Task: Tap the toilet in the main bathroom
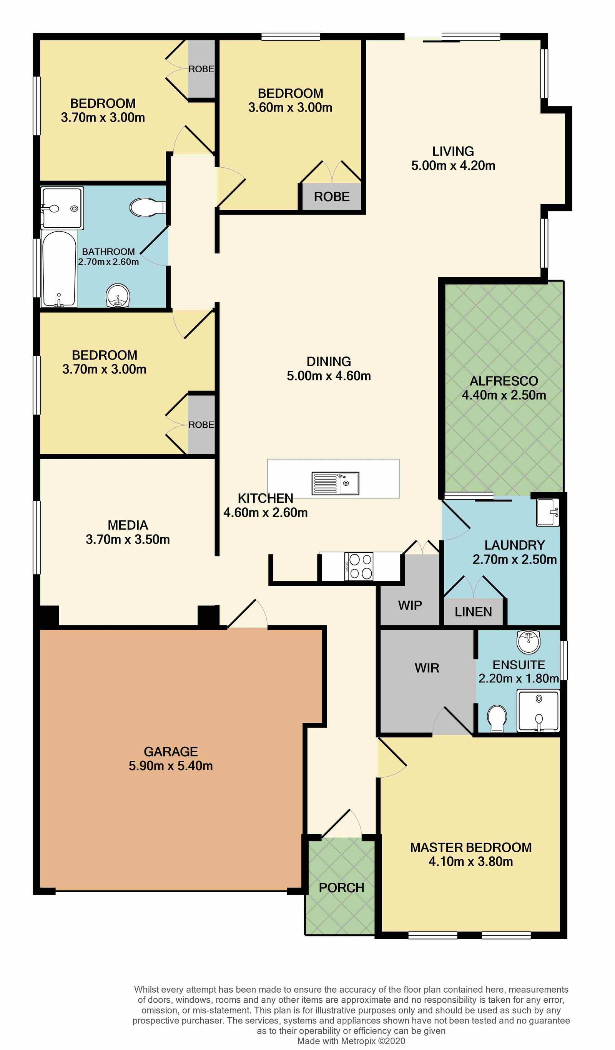coord(148,207)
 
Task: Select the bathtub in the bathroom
coord(59,269)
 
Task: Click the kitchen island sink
coord(335,483)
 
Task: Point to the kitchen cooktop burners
coord(359,566)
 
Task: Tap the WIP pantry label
coord(410,605)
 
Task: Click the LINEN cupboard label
coord(474,612)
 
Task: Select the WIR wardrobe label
coord(427,668)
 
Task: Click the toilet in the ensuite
coord(497,718)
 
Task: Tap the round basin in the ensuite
coord(529,641)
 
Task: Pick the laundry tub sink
coord(548,512)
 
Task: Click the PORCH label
coord(341,888)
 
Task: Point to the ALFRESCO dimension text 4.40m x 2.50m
coord(504,395)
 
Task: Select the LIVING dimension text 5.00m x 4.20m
coord(454,166)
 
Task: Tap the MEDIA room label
coord(128,525)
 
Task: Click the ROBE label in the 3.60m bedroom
coord(332,197)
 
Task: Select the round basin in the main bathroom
coord(118,295)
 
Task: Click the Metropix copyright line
coord(351,1041)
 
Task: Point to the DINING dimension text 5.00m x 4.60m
coord(329,376)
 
